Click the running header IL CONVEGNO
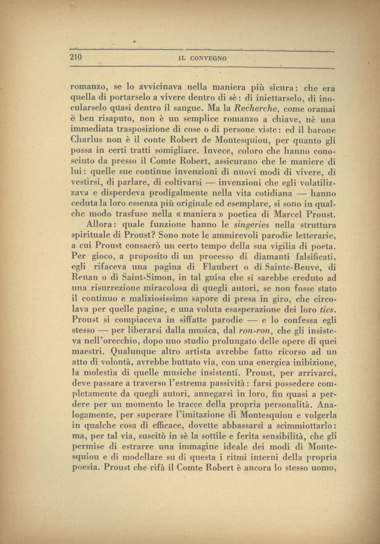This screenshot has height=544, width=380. [x=202, y=58]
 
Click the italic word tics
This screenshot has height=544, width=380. [x=328, y=310]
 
